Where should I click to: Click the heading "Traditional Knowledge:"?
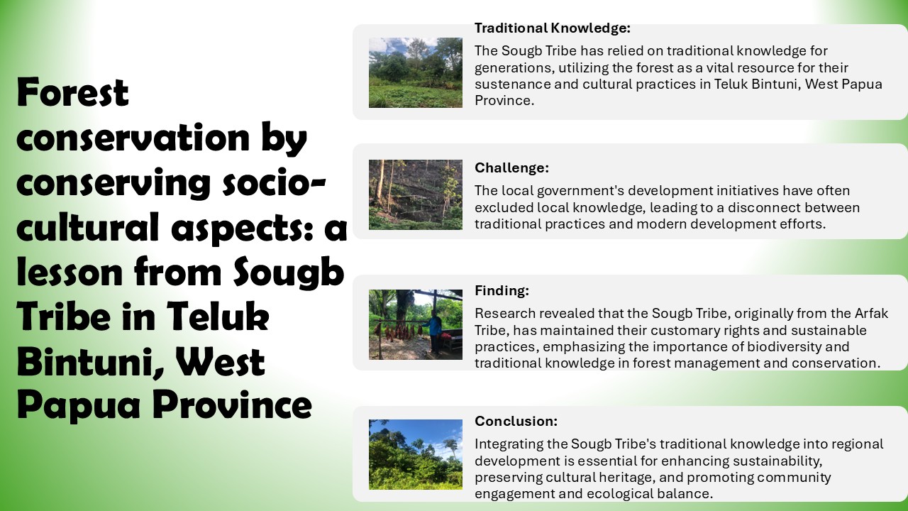pyautogui.click(x=553, y=28)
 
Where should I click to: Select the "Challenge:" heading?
pyautogui.click(x=511, y=167)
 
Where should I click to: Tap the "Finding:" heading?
pyautogui.click(x=502, y=290)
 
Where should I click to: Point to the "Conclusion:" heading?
pyautogui.click(x=516, y=421)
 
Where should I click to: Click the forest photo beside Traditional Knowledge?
pyautogui.click(x=416, y=72)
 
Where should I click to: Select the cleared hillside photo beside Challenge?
pyautogui.click(x=416, y=194)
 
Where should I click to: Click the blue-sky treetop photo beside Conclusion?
pyautogui.click(x=416, y=454)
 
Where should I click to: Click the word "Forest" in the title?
pyautogui.click(x=73, y=92)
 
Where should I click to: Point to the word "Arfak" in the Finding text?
pyautogui.click(x=871, y=314)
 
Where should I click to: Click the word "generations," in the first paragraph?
pyautogui.click(x=514, y=67)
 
